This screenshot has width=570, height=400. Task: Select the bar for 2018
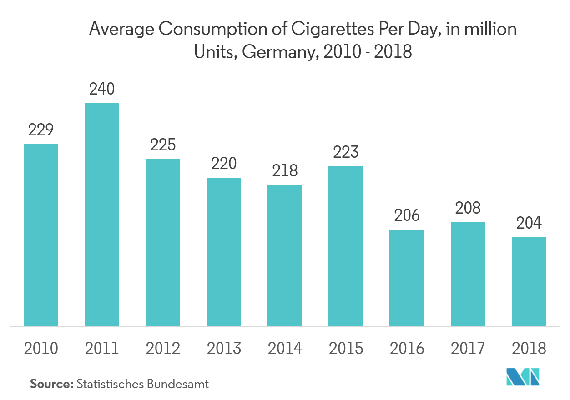[529, 282]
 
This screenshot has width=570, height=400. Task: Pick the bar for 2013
[224, 252]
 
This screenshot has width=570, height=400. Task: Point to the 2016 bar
[407, 278]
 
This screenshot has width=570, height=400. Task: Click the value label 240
[102, 89]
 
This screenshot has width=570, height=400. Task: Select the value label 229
[41, 130]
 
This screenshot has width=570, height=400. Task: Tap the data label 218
[285, 171]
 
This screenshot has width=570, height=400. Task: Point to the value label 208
[468, 208]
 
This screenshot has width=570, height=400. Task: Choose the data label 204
[529, 223]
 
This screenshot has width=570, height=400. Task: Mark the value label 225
[163, 145]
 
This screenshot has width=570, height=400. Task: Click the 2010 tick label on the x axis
[41, 349]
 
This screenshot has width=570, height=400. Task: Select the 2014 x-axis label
[285, 349]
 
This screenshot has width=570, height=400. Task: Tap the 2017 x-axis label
[468, 349]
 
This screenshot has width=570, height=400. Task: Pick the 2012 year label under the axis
[163, 349]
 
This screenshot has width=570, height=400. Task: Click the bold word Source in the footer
[51, 384]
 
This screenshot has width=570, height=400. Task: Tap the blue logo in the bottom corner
[523, 376]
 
